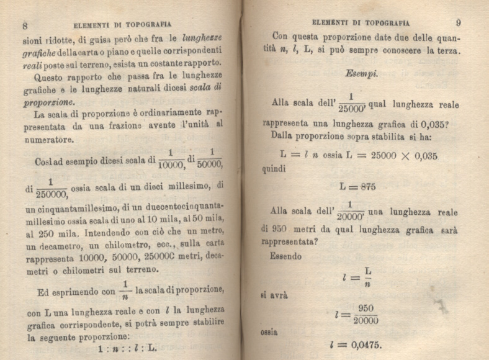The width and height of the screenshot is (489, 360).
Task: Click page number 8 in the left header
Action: [25, 25]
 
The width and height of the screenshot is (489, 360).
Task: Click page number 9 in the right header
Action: [458, 23]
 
